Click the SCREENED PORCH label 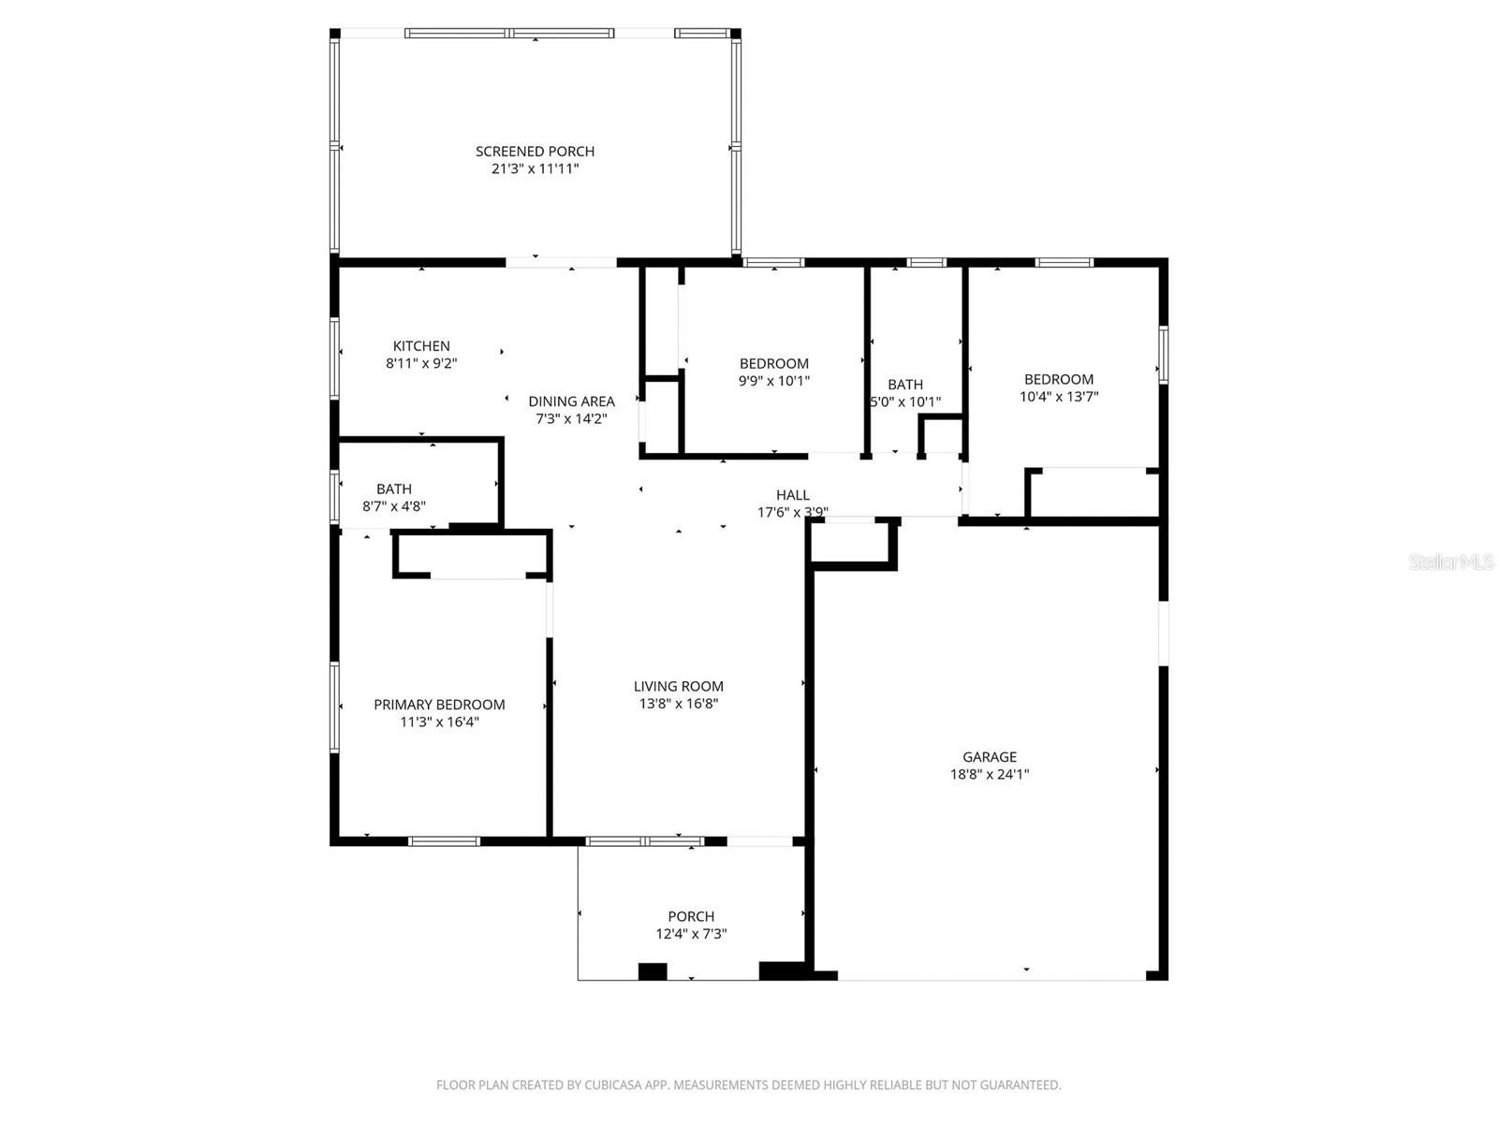click(x=535, y=152)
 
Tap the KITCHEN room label click(x=421, y=346)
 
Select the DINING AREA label click(x=571, y=401)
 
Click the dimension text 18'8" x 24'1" click(x=990, y=774)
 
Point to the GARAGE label click(x=990, y=757)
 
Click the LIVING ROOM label click(x=678, y=686)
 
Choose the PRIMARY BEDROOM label click(x=439, y=705)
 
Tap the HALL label click(x=792, y=495)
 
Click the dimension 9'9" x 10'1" click(x=773, y=381)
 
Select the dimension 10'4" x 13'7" click(x=1059, y=396)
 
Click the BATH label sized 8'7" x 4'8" click(x=394, y=489)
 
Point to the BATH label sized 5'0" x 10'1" click(x=904, y=385)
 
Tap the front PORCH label click(x=691, y=916)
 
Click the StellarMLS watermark click(x=1450, y=562)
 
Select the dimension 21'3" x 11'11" click(x=535, y=169)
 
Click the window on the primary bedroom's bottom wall click(x=445, y=840)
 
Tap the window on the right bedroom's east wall click(x=1163, y=354)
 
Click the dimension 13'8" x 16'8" click(x=678, y=704)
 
